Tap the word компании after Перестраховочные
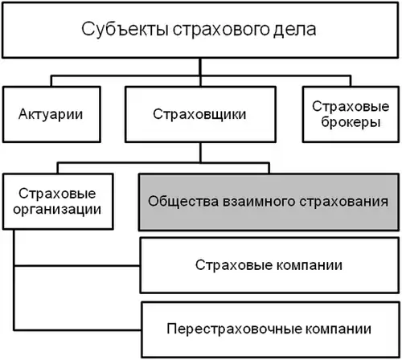[333, 329]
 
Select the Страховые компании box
[269, 264]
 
